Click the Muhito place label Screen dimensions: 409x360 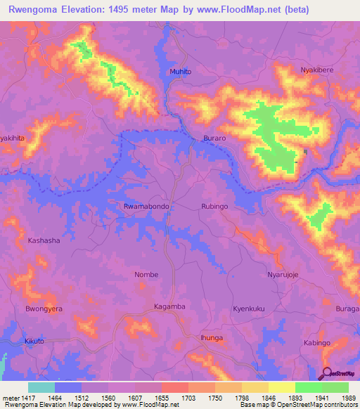pyautogui.click(x=180, y=72)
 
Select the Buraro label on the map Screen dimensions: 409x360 pyautogui.click(x=214, y=139)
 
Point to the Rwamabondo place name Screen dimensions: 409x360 pyautogui.click(x=144, y=207)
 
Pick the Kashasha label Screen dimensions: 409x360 pyautogui.click(x=44, y=240)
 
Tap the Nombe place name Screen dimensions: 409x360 pyautogui.click(x=146, y=274)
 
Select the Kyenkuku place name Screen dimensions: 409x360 pyautogui.click(x=250, y=309)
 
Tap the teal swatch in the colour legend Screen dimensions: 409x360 pyautogui.click(x=41, y=387)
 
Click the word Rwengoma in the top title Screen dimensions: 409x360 pyautogui.click(x=32, y=9)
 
